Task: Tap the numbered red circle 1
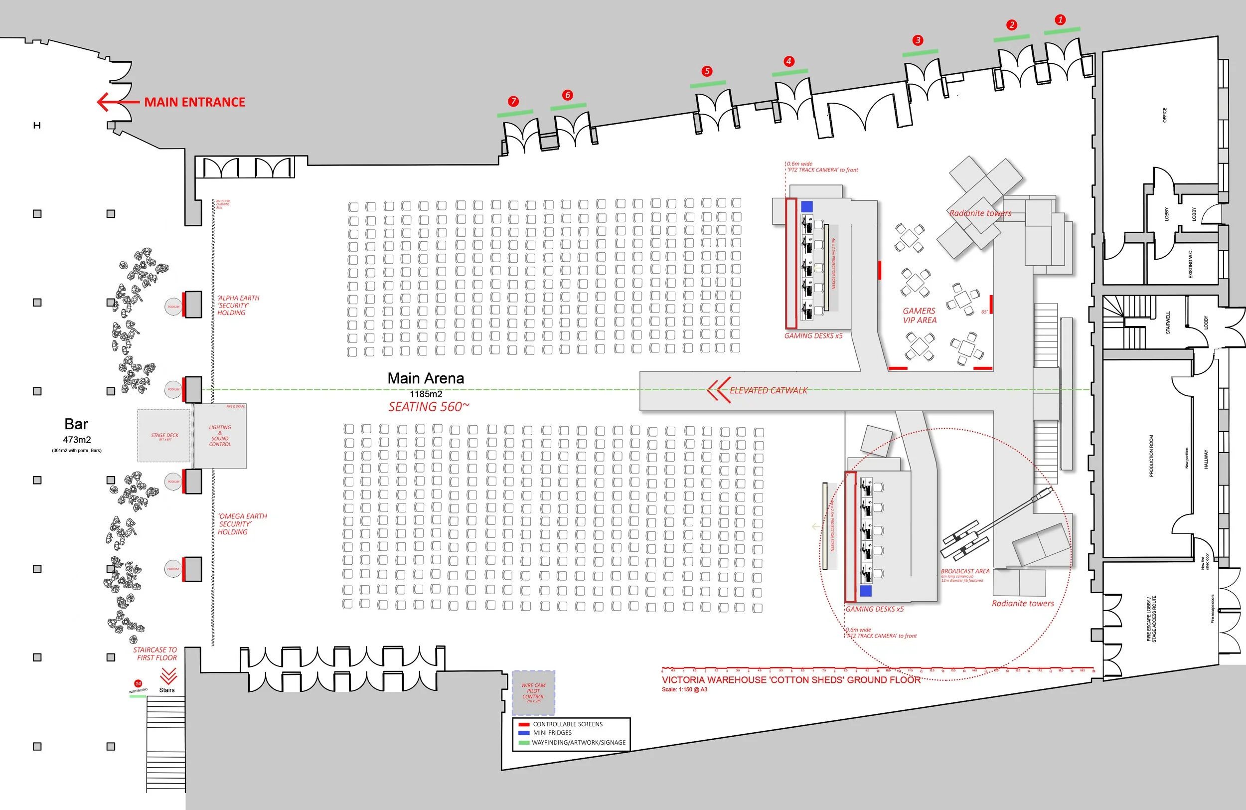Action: tap(1060, 20)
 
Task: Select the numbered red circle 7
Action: tap(513, 101)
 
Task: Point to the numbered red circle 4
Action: tap(788, 61)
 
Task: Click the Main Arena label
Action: tap(426, 378)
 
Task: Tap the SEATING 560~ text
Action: tap(429, 407)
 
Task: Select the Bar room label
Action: tap(76, 424)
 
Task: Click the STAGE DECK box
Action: tap(164, 436)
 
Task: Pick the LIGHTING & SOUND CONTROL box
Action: tap(220, 436)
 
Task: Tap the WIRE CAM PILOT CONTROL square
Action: tap(533, 692)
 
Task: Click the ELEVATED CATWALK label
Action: tap(768, 391)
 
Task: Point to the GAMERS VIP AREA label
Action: tap(920, 315)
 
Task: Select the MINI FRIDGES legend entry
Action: tap(552, 733)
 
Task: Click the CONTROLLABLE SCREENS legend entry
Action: tap(567, 724)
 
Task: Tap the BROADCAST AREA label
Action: tap(965, 571)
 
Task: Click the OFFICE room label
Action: tap(1164, 115)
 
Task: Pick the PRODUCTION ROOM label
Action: tap(1151, 456)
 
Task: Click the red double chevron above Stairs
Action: tap(168, 675)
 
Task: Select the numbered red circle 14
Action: tap(138, 683)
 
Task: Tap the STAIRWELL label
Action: tap(1167, 323)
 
